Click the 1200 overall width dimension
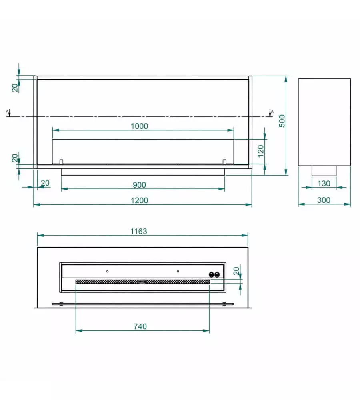pos(139,200)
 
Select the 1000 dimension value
pos(139,126)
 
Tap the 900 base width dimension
pos(139,185)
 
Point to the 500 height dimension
pos(282,121)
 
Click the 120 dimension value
pos(260,151)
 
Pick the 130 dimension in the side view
pos(324,184)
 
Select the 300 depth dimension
pos(324,200)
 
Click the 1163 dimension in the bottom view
pos(139,231)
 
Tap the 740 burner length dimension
pos(140,326)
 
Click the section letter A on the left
pos(7,112)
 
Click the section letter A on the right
pos(272,112)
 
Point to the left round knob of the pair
pos(211,274)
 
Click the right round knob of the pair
pos(217,274)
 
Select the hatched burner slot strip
pos(143,282)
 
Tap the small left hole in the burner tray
pos(107,271)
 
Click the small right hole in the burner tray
pos(178,271)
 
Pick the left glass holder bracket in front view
pos(61,162)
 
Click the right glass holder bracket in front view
pos(224,162)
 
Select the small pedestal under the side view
pos(324,171)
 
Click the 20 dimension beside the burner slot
pos(236,271)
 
